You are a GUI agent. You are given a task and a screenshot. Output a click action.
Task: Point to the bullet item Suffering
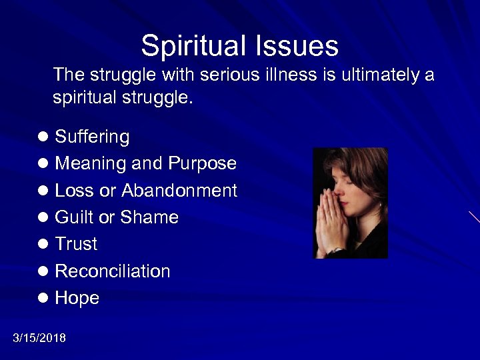coord(92,137)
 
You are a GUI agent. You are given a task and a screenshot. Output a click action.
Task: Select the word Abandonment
coord(179,191)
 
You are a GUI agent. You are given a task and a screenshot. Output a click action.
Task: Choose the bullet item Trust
coord(76,244)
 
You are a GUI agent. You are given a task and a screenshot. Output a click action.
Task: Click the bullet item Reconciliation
coord(112,271)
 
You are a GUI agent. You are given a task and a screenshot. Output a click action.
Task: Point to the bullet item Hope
coord(77,299)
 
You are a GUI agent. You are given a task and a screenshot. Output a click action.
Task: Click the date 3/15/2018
coord(39,338)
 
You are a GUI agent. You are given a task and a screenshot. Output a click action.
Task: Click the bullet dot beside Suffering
coord(44,137)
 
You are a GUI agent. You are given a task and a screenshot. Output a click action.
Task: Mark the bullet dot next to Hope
coord(44,299)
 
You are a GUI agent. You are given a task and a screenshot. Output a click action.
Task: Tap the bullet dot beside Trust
coord(44,245)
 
